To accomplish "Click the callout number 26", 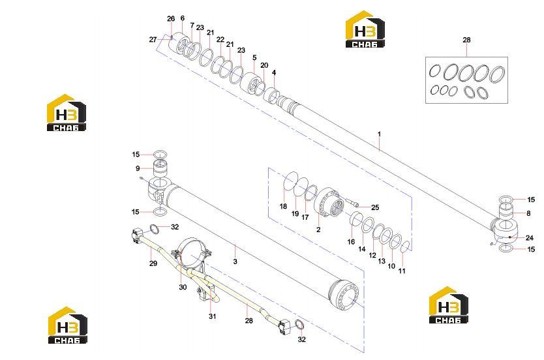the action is click(171, 19).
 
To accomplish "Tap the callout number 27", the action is click(153, 40).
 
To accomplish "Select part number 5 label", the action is click(254, 57).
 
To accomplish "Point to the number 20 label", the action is click(264, 65).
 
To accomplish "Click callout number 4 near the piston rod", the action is click(274, 73).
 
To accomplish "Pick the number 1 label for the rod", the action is click(379, 134).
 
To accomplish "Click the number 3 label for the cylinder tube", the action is click(235, 262).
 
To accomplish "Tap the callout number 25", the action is click(375, 207).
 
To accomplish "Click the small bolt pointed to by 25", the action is click(352, 203).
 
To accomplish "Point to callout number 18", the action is click(284, 206).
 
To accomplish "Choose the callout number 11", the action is click(402, 271).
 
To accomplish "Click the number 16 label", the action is click(351, 241).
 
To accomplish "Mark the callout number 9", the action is click(138, 168).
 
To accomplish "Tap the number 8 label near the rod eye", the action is click(528, 214).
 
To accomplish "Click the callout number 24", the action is click(530, 238).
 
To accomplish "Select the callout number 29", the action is click(153, 263).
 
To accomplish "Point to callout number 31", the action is click(213, 316).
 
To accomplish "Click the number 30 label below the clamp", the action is click(183, 287).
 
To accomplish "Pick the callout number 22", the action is click(220, 40).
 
